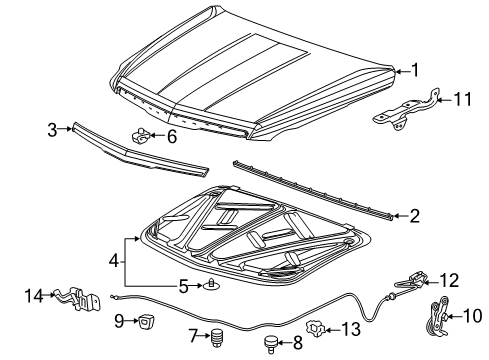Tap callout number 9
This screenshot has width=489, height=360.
tap(118, 321)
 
